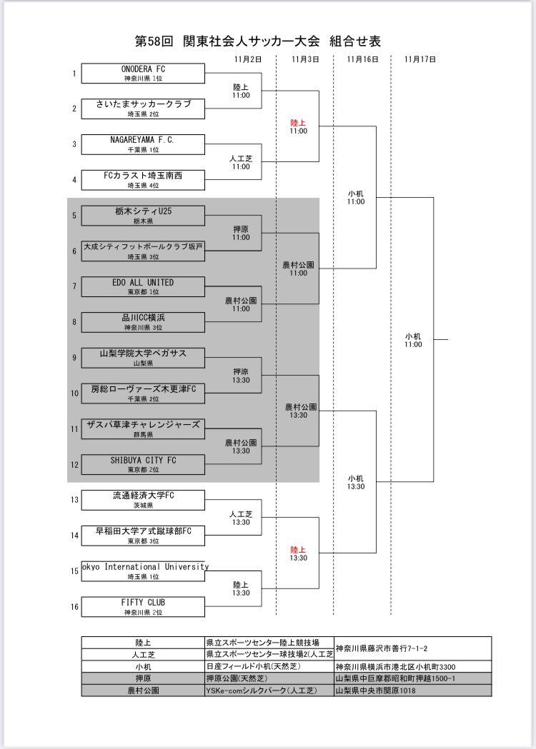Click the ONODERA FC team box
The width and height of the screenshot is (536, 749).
pyautogui.click(x=143, y=73)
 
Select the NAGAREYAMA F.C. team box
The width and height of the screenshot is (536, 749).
pyautogui.click(x=143, y=144)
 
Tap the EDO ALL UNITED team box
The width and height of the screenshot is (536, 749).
pyautogui.click(x=143, y=286)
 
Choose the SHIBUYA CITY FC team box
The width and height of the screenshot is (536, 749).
pyautogui.click(x=143, y=464)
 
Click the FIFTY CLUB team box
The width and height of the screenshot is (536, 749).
pyautogui.click(x=143, y=607)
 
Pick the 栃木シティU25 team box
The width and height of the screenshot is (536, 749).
pyautogui.click(x=143, y=216)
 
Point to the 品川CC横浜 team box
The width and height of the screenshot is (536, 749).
pyautogui.click(x=143, y=322)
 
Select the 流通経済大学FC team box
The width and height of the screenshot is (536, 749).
pyautogui.click(x=143, y=500)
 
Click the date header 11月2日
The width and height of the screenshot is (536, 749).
pyautogui.click(x=248, y=59)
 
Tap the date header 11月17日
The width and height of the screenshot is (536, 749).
pyautogui.click(x=420, y=59)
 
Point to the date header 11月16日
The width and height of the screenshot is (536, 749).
pyautogui.click(x=362, y=59)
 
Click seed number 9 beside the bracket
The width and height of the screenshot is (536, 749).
pyautogui.click(x=74, y=357)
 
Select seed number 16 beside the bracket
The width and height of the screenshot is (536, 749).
pyautogui.click(x=74, y=607)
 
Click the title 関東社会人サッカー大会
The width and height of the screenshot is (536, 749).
pyautogui.click(x=251, y=41)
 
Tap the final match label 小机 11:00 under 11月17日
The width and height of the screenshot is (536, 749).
pyautogui.click(x=413, y=340)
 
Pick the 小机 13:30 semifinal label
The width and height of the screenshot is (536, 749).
pyautogui.click(x=356, y=483)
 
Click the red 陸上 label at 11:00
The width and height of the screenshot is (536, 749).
pyautogui.click(x=298, y=123)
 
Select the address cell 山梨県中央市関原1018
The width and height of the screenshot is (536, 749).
pyautogui.click(x=375, y=690)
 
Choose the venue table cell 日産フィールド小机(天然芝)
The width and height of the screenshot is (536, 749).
pyautogui.click(x=254, y=666)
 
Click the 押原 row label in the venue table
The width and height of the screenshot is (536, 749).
pyautogui.click(x=143, y=678)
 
